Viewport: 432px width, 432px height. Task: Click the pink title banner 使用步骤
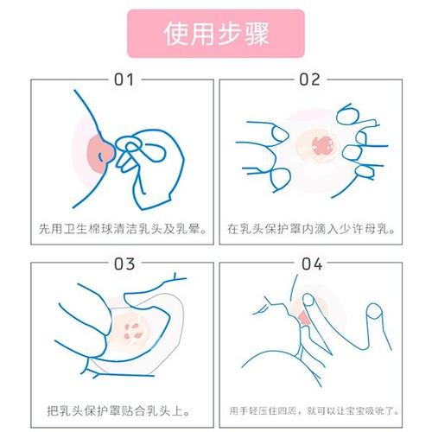[215, 35]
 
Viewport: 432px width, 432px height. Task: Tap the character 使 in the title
[175, 35]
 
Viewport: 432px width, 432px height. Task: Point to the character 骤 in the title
[256, 35]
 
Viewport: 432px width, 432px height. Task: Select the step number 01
[124, 80]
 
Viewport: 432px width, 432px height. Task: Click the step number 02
[309, 80]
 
